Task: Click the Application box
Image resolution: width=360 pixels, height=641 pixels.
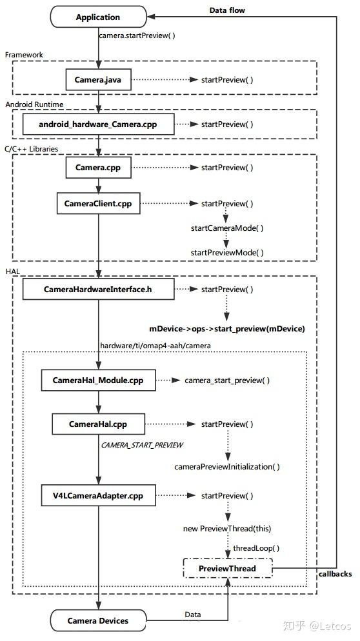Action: (98, 17)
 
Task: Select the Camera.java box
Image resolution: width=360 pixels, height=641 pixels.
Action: (98, 80)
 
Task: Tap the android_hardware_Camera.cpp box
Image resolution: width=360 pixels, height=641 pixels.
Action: (98, 124)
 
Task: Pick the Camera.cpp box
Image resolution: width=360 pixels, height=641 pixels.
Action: (98, 167)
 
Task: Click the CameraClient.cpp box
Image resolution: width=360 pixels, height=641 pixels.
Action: (98, 203)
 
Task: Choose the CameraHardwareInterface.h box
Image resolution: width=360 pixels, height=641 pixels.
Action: (98, 289)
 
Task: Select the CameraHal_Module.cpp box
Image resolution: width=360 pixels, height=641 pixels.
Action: (98, 380)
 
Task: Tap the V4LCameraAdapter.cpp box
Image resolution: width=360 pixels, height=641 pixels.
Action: (98, 495)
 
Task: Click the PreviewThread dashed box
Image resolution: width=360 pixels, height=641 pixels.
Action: (228, 568)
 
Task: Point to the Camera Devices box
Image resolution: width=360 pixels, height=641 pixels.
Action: (98, 620)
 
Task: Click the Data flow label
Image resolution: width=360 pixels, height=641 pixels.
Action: (227, 10)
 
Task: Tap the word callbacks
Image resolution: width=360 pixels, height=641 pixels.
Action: (335, 573)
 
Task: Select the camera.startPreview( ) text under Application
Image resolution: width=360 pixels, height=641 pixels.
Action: (137, 35)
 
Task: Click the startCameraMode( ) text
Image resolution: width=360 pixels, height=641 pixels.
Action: (227, 228)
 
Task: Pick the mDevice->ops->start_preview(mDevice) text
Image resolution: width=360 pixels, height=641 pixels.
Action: (227, 329)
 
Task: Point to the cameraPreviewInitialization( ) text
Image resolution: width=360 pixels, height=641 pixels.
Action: (227, 466)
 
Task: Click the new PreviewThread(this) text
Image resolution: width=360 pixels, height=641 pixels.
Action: (227, 529)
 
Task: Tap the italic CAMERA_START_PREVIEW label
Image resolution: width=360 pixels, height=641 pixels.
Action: (142, 445)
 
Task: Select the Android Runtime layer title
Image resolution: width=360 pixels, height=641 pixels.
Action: (34, 104)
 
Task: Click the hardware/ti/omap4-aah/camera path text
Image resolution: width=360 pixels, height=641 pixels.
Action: (155, 346)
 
